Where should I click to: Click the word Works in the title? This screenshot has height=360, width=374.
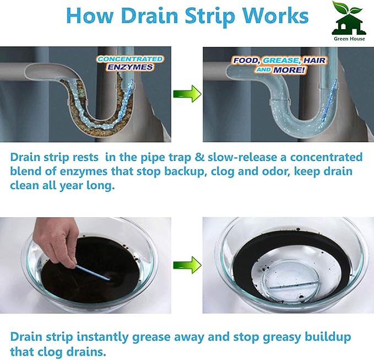(275, 15)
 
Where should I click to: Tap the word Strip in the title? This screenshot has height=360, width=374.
(210, 17)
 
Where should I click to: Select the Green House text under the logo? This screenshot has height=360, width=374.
(349, 39)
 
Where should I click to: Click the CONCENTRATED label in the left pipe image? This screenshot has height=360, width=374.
(130, 59)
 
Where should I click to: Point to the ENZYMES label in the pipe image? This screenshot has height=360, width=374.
(130, 67)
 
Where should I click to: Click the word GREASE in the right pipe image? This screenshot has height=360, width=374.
(281, 61)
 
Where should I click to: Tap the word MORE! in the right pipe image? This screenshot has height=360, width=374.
(289, 70)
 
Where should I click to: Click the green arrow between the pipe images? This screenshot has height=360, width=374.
(187, 94)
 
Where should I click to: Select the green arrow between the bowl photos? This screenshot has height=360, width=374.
(187, 265)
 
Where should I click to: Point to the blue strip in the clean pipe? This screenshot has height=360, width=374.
(329, 100)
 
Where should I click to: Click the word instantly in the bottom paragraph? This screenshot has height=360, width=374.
(102, 337)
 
